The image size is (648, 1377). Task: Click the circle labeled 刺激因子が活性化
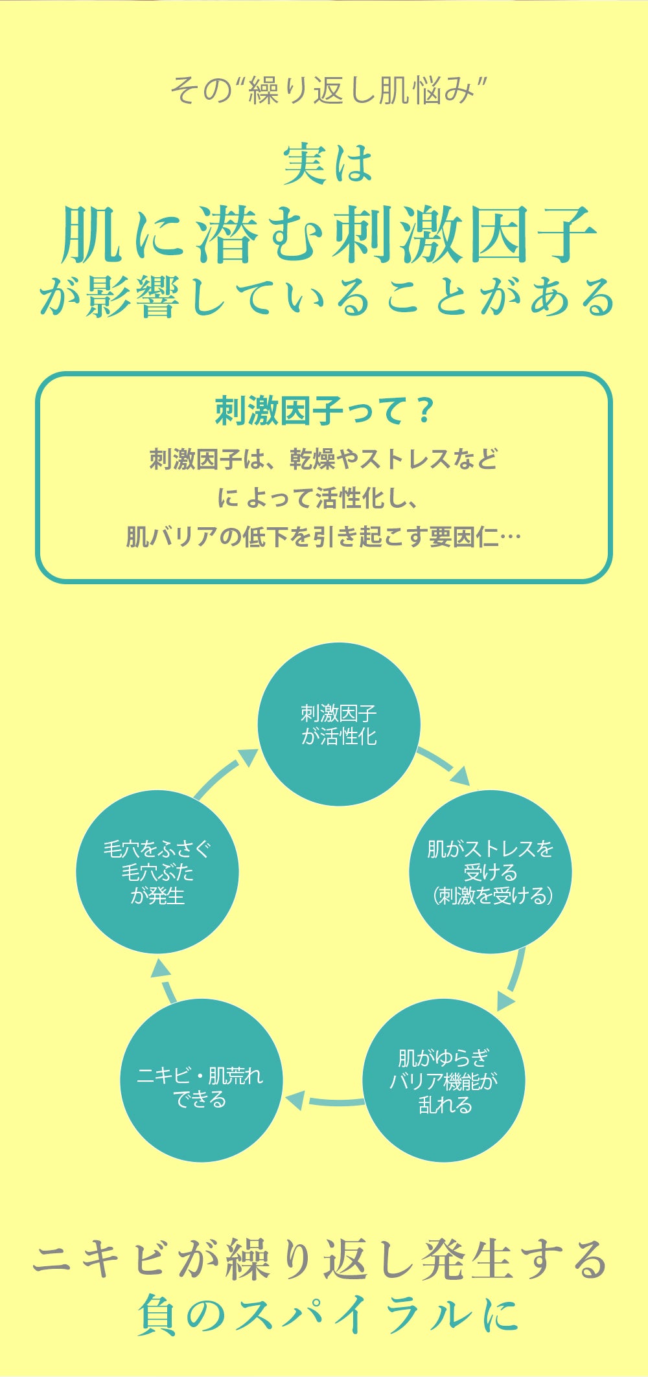[339, 724]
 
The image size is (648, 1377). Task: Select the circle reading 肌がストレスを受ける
[491, 872]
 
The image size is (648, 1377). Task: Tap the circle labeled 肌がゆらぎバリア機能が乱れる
[444, 1080]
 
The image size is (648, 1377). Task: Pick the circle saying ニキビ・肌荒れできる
[202, 1080]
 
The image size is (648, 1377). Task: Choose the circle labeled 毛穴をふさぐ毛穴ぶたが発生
[157, 872]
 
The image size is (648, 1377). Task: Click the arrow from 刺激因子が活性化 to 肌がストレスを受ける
[444, 766]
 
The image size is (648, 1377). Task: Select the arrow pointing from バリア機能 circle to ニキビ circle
[324, 1100]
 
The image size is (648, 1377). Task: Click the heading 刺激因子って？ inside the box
[323, 411]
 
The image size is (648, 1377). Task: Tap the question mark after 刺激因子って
[424, 411]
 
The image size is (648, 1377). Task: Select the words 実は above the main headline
[328, 164]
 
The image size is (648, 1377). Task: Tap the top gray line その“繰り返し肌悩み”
[328, 90]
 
